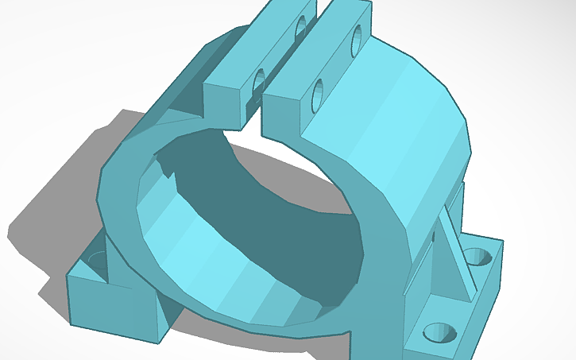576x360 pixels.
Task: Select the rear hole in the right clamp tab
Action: tap(355, 37)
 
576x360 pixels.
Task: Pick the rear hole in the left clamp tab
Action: tap(301, 29)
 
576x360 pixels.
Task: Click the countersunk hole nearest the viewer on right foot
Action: tap(437, 332)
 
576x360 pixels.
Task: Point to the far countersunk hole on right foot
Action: tap(477, 257)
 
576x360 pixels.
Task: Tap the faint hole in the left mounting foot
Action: tap(98, 258)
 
